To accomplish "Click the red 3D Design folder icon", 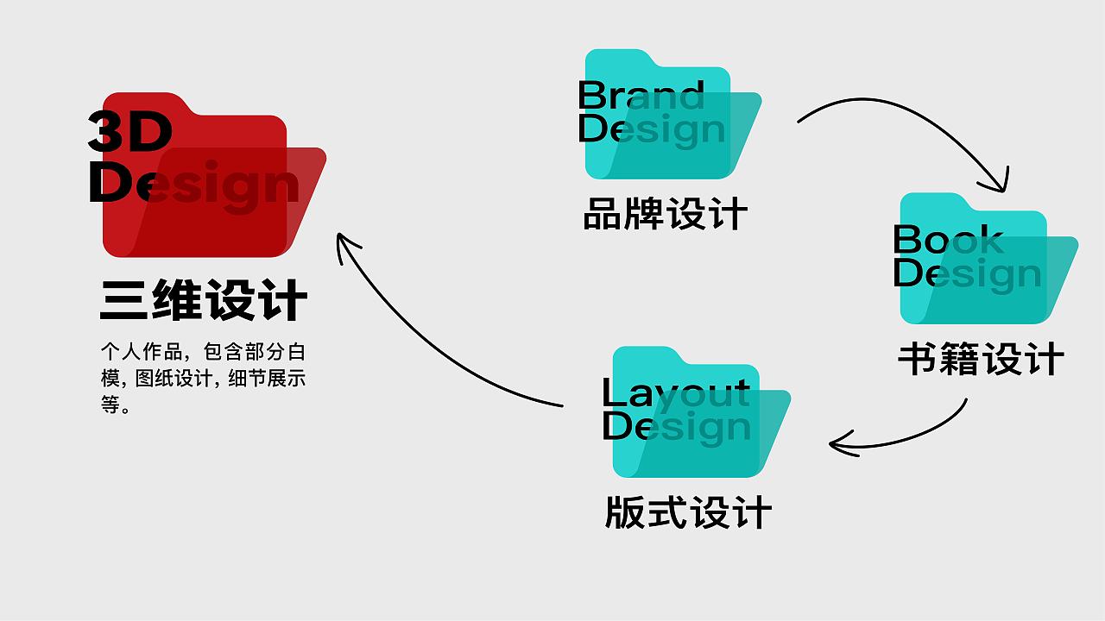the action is [215, 174].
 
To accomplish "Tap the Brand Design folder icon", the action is [673, 114].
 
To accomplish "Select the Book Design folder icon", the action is [989, 258].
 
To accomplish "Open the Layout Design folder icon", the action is [702, 411].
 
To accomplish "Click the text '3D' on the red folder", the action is [129, 131].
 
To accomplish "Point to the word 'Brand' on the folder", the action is [641, 95].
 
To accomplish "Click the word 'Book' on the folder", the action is [949, 239].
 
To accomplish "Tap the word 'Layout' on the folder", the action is [676, 392].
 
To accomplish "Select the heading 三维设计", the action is [204, 299].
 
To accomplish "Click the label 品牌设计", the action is [665, 213].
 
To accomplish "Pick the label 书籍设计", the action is [981, 358].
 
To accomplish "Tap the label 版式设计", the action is [688, 512].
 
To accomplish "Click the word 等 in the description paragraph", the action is [110, 405].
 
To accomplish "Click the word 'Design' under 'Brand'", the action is [651, 129].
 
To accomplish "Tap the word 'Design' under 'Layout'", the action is [676, 427].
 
